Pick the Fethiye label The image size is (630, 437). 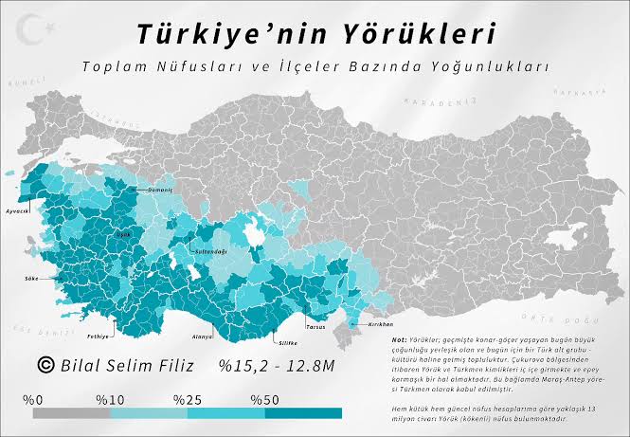[99, 336]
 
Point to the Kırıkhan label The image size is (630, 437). [370, 322]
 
